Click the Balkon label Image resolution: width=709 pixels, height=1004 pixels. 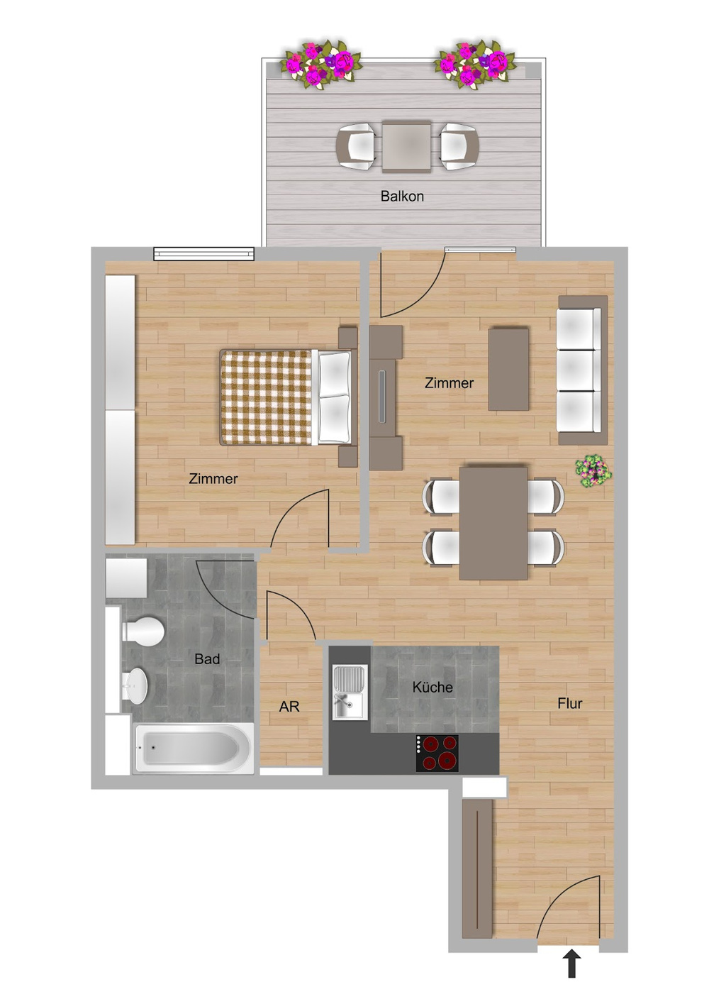tap(402, 197)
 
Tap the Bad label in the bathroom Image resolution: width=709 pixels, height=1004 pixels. tap(207, 659)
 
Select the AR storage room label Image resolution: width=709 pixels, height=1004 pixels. tap(289, 707)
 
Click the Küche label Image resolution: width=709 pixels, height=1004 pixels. tap(432, 687)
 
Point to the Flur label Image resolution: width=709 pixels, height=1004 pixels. tap(570, 703)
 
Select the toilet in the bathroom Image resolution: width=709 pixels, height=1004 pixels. tap(143, 631)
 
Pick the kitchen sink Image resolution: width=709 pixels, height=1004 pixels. tap(350, 693)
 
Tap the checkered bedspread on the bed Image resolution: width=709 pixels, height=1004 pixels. tap(266, 397)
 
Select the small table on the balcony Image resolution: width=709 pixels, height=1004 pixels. tap(406, 146)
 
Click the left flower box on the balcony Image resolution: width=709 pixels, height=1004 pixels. tap(320, 65)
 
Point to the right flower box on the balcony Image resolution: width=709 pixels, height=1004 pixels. tap(476, 65)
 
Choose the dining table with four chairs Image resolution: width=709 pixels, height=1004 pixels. tap(493, 523)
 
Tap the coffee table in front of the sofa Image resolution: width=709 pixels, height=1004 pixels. tap(508, 369)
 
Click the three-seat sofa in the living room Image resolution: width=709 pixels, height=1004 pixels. tap(582, 370)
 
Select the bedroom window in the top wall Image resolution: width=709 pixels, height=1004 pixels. tap(203, 254)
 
